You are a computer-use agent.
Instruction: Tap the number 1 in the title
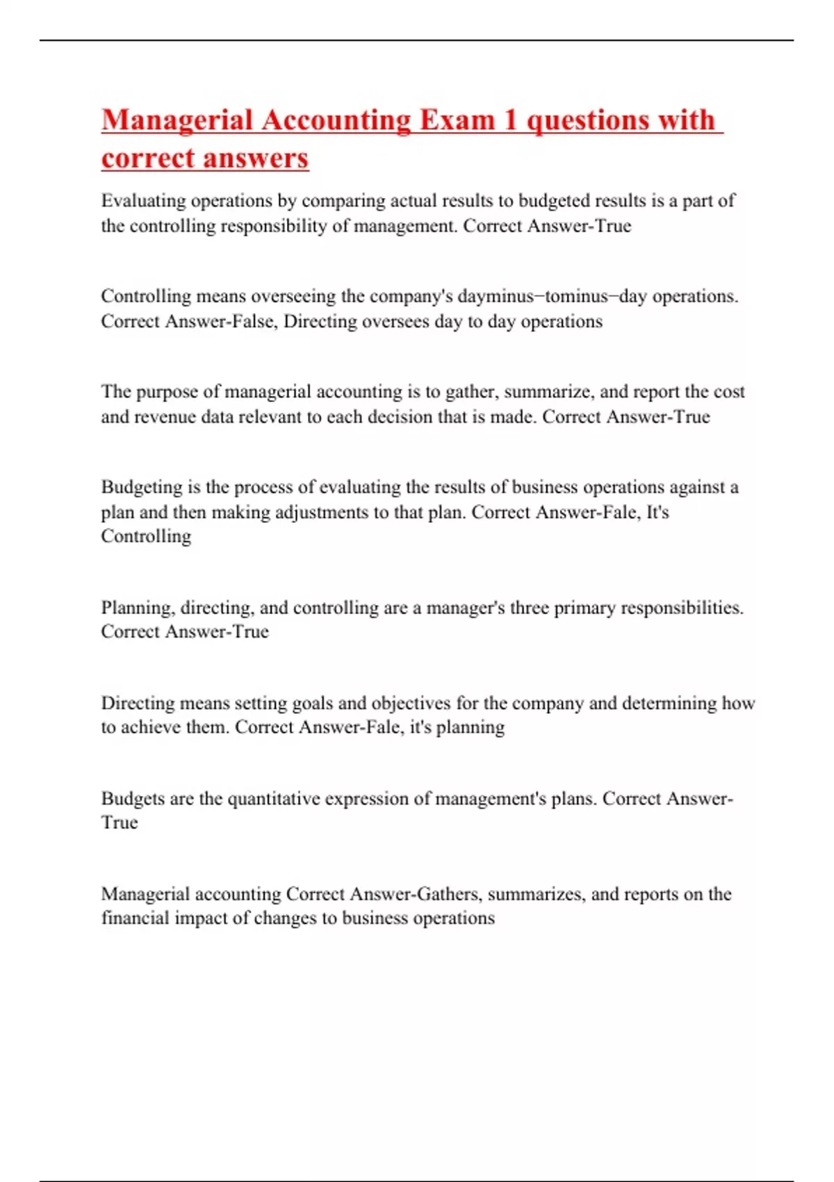(510, 120)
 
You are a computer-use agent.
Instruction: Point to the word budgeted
(557, 201)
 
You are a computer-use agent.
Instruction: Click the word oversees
(395, 321)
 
